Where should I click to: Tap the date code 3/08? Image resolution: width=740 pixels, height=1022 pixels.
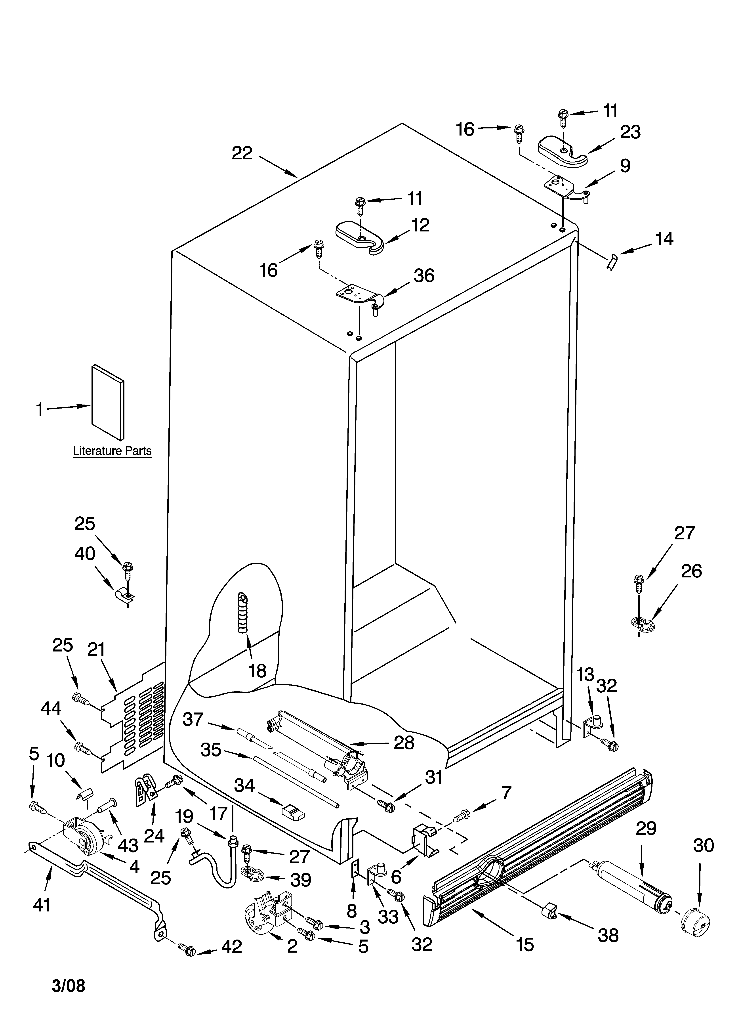pos(68,986)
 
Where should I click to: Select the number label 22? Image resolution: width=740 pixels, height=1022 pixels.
pos(242,154)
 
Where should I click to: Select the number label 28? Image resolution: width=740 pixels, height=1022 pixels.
pos(404,742)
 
